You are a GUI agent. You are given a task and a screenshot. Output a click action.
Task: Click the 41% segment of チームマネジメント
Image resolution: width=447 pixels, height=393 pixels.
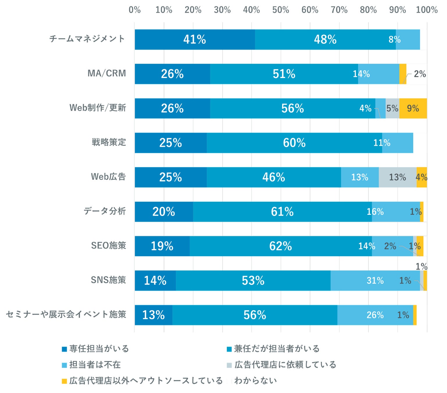coord(195,39)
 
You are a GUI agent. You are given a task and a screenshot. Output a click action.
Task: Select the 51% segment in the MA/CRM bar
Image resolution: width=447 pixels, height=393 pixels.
coord(284,74)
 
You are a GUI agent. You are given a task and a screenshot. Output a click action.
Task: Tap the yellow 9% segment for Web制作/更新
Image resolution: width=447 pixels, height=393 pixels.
coord(413,108)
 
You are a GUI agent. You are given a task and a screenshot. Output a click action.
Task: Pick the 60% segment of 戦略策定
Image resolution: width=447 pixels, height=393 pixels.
coord(294,143)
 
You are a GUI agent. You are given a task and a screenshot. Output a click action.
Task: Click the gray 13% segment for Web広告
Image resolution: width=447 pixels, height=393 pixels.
coord(398,177)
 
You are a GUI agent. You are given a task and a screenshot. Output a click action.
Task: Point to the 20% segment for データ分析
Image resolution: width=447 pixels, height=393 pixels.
coord(164,212)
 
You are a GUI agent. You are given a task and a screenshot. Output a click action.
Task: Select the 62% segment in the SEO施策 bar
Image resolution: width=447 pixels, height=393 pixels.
coord(280,246)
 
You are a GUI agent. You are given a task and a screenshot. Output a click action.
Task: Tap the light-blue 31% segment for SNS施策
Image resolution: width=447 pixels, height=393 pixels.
coord(375,280)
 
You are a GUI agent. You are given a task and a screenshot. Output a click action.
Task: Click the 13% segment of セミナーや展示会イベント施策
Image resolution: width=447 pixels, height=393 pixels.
coord(153,315)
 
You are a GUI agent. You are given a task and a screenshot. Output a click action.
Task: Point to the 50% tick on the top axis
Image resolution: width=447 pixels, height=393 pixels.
coord(281,10)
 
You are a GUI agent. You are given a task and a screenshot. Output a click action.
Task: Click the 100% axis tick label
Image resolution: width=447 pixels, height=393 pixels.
coord(427,10)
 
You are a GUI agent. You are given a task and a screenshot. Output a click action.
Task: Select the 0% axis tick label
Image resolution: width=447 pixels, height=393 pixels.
coord(135,10)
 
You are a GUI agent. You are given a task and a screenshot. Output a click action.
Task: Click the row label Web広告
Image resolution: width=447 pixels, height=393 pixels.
coord(108,177)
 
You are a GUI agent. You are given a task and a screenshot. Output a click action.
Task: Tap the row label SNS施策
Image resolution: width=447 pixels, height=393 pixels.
coord(108,280)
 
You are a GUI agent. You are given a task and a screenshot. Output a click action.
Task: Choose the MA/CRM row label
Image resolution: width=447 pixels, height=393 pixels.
coord(107,73)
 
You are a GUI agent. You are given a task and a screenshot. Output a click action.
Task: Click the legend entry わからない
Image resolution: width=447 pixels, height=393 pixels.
coord(255,380)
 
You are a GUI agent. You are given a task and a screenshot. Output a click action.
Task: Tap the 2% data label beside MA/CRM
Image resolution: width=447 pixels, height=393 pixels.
coord(420,74)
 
